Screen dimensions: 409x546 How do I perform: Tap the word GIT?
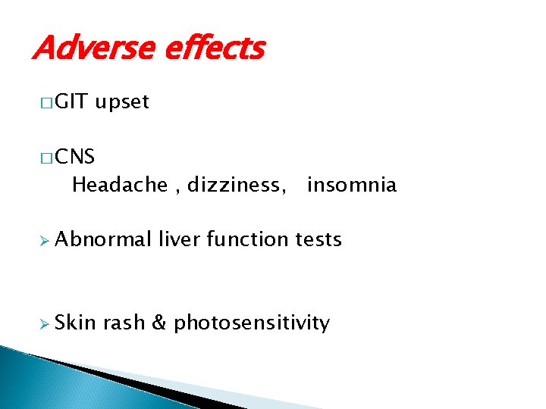pyautogui.click(x=71, y=102)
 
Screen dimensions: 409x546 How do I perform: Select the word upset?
pyautogui.click(x=122, y=103)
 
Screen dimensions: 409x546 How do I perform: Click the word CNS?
pyautogui.click(x=75, y=157)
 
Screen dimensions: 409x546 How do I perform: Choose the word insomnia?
pyautogui.click(x=351, y=185)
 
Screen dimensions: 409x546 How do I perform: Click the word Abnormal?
pyautogui.click(x=103, y=240)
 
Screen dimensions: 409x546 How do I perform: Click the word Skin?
pyautogui.click(x=75, y=323)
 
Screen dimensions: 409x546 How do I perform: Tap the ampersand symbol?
pyautogui.click(x=159, y=323)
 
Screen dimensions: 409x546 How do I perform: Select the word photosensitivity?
pyautogui.click(x=251, y=323)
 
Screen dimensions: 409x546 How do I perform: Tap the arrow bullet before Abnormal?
pyautogui.click(x=42, y=241)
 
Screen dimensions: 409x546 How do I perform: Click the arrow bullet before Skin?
pyautogui.click(x=42, y=323)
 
